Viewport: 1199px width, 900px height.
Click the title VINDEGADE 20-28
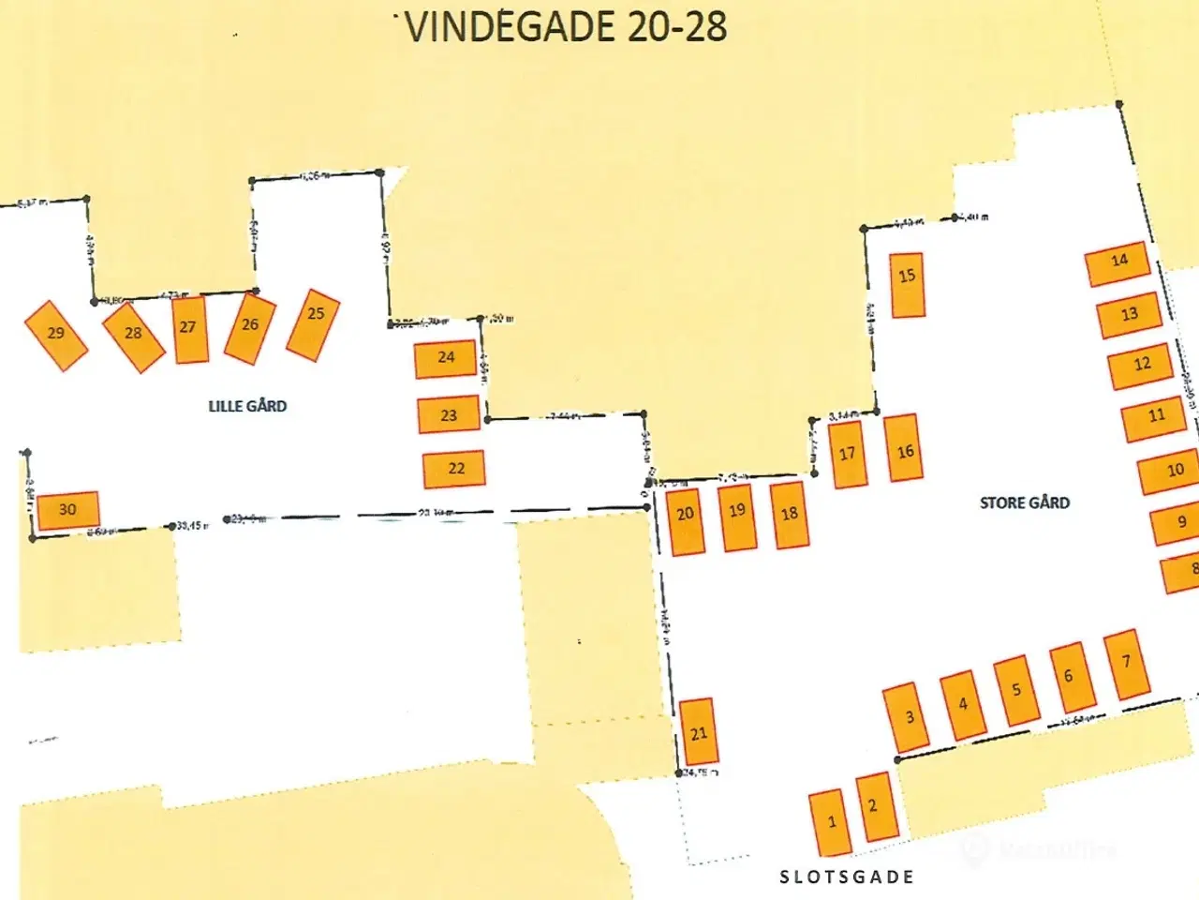tap(567, 26)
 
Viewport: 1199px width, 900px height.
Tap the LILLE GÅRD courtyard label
tap(247, 406)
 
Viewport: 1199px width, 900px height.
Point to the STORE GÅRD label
tap(1024, 502)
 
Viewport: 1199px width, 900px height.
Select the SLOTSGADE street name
tap(847, 877)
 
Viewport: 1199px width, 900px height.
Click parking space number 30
tap(67, 510)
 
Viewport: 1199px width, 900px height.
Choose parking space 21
tap(698, 732)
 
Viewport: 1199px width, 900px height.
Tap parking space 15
tap(907, 285)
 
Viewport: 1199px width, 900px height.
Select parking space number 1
tap(831, 822)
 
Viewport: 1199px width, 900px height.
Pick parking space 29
tap(56, 335)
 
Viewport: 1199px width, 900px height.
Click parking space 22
tap(454, 469)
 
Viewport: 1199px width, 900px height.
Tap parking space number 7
tap(1127, 664)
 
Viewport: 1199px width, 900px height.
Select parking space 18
tap(790, 515)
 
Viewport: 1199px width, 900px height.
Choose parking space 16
tap(905, 448)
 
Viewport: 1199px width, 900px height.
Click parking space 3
tap(909, 717)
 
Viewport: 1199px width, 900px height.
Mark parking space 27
tap(190, 329)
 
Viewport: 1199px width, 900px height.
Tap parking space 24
tap(446, 359)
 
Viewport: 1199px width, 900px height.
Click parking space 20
tap(686, 519)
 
